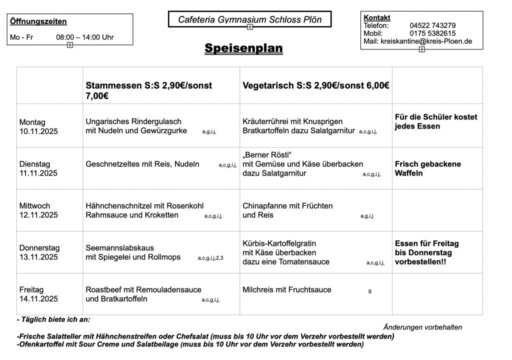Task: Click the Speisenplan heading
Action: pos(243,48)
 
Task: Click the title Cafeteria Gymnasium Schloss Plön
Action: pos(250,20)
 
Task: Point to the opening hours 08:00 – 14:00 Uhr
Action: pos(85,37)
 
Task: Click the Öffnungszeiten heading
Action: pos(38,22)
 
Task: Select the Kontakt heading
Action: pos(377,18)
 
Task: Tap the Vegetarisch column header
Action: pos(316,85)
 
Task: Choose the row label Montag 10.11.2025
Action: pos(39,126)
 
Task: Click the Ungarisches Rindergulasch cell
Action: pos(136,126)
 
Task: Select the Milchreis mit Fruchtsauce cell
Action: pos(287,289)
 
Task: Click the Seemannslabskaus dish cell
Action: pos(133,252)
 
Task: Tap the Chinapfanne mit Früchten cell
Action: pos(287,210)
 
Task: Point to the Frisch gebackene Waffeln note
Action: pos(427,168)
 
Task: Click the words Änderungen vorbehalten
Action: pos(422,327)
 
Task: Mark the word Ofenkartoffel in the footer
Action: pos(39,344)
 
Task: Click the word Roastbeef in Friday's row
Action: pos(104,289)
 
